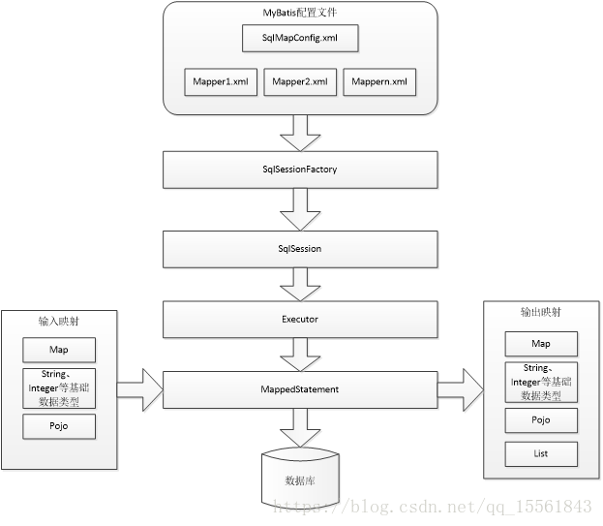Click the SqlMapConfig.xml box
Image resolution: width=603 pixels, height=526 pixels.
pyautogui.click(x=300, y=38)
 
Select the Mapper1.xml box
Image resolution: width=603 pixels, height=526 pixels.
pyautogui.click(x=221, y=82)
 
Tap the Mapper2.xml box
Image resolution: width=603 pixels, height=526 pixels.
pyautogui.click(x=300, y=82)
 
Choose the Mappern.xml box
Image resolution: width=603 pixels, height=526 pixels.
pyautogui.click(x=379, y=82)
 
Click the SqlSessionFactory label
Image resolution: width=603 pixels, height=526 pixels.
pyautogui.click(x=300, y=170)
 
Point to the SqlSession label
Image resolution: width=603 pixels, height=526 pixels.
pyautogui.click(x=300, y=249)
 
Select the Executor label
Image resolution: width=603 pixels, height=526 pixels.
pyautogui.click(x=300, y=319)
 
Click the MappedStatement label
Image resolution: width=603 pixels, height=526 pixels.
pyautogui.click(x=300, y=389)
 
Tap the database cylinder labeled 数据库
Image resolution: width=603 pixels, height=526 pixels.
pyautogui.click(x=300, y=478)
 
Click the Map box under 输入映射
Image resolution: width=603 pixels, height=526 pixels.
pyautogui.click(x=59, y=350)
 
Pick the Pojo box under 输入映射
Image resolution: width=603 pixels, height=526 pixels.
pyautogui.click(x=59, y=426)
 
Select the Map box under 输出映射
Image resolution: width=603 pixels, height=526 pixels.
pyautogui.click(x=541, y=344)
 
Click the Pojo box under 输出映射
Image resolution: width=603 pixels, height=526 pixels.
pyautogui.click(x=541, y=420)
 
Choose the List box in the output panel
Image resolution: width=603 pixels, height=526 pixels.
pyautogui.click(x=541, y=454)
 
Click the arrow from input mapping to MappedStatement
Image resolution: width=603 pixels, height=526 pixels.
pyautogui.click(x=140, y=389)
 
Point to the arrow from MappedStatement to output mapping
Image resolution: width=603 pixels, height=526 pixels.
pyautogui.click(x=461, y=389)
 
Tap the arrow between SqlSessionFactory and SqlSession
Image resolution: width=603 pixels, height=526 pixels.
pyautogui.click(x=300, y=209)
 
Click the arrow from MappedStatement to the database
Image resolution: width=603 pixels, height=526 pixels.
pyautogui.click(x=300, y=427)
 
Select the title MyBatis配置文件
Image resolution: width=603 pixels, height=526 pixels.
pyautogui.click(x=300, y=13)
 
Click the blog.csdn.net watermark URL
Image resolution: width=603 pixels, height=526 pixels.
pyautogui.click(x=433, y=507)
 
